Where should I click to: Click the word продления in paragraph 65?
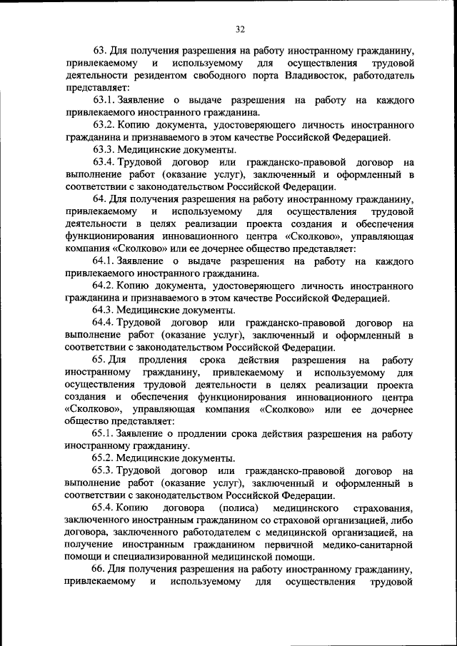164,360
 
